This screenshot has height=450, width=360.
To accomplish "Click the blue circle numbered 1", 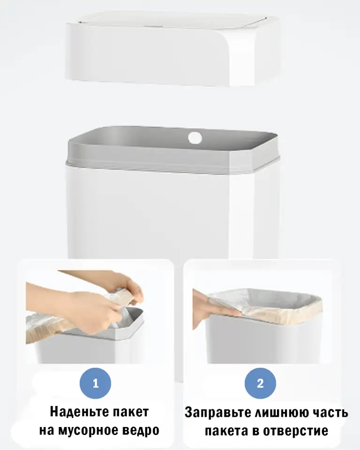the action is click(95, 383).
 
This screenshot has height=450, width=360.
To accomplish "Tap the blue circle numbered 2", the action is click(260, 383).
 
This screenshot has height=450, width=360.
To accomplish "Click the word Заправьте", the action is click(218, 412).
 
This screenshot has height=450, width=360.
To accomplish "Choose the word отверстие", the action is click(295, 431).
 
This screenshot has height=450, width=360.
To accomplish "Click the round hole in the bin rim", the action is click(195, 138).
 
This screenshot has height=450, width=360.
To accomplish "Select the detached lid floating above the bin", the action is click(172, 49).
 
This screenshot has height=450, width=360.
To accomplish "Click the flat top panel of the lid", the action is click(172, 17).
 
